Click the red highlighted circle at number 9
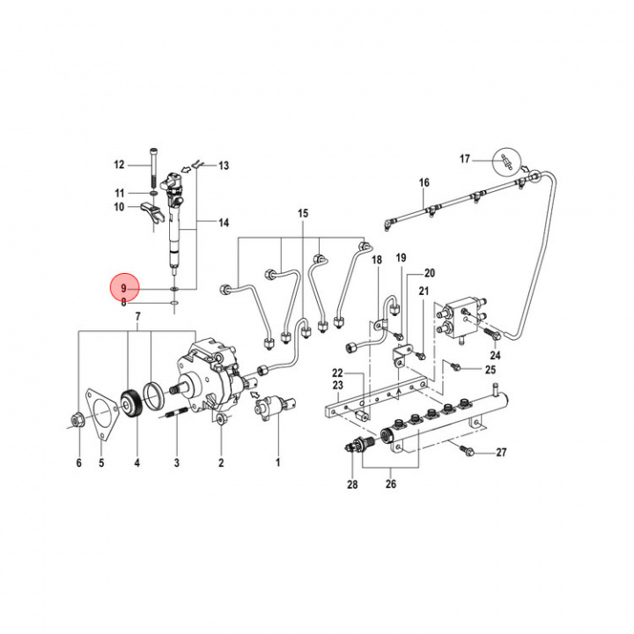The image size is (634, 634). [x=125, y=288]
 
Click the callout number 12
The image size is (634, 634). [x=120, y=165]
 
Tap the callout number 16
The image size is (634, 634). [x=424, y=182]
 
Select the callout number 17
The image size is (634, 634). [x=465, y=159]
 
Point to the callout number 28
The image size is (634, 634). [x=352, y=483]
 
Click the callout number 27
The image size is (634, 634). [x=502, y=453]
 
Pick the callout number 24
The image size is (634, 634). [x=495, y=356]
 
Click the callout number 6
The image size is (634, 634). [x=77, y=462]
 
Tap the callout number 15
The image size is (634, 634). [x=303, y=214]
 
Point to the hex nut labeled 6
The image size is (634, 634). [x=76, y=420]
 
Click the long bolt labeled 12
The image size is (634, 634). [x=156, y=165]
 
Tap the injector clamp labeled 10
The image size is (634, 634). [x=151, y=209]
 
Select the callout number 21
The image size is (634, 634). [x=424, y=291]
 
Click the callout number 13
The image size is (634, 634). [x=223, y=165]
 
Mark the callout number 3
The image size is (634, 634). [x=176, y=462]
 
